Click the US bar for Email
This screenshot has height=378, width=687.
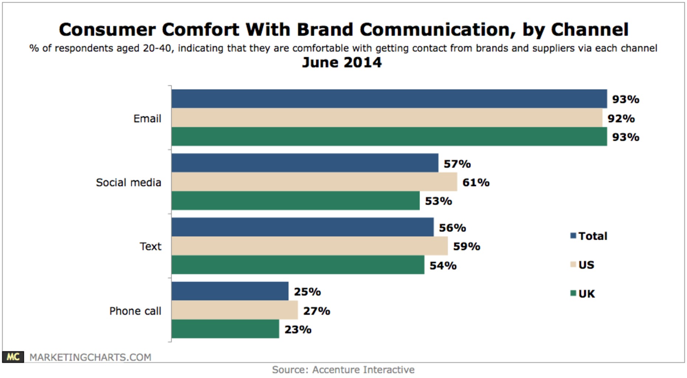click(x=387, y=118)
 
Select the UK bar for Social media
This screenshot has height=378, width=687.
click(x=295, y=200)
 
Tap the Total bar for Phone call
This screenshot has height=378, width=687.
click(x=230, y=291)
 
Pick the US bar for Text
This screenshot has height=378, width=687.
click(x=310, y=246)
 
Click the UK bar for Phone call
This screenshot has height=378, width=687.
click(x=225, y=329)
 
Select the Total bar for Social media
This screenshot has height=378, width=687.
click(x=305, y=163)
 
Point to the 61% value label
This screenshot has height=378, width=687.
click(x=476, y=182)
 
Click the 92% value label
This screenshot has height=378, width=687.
click(x=621, y=118)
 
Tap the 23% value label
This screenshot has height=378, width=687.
click(x=298, y=329)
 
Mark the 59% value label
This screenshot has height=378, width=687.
click(x=466, y=246)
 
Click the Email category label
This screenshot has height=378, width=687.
click(x=147, y=118)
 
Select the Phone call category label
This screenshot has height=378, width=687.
click(x=135, y=311)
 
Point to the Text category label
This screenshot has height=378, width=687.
click(x=150, y=246)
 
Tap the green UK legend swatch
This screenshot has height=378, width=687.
click(x=573, y=293)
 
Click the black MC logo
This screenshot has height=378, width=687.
click(x=13, y=357)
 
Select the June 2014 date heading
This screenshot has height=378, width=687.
click(x=342, y=62)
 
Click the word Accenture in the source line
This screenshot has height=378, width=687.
click(x=336, y=370)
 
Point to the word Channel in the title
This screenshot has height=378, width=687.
click(x=589, y=30)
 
